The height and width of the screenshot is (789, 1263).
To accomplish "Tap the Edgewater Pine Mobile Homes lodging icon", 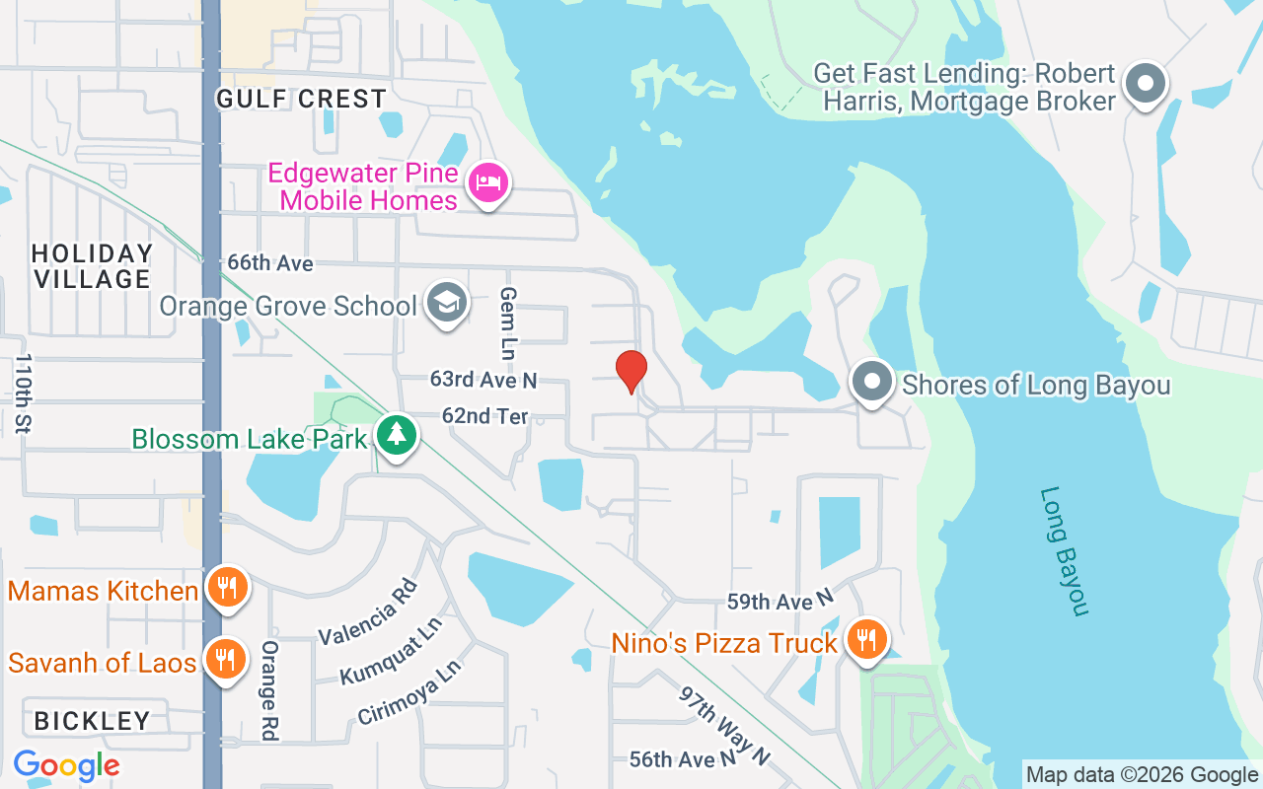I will [487, 182].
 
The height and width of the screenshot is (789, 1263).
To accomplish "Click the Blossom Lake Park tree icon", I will [397, 435].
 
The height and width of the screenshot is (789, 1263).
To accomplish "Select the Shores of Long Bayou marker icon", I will [871, 383].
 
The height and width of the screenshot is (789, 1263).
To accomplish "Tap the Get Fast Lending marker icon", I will [1145, 85].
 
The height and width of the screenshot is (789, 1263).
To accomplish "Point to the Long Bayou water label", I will [1064, 551].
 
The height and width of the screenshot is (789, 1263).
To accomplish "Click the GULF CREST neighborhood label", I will [301, 99].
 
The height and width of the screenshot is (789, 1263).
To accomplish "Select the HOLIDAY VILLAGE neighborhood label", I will [92, 266].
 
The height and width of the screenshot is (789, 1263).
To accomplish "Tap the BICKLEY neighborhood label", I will [92, 721].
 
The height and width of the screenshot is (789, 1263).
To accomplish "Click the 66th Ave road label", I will [269, 263].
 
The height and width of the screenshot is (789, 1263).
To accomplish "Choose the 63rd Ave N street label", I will [483, 379].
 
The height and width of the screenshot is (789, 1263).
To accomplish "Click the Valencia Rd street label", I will [368, 612].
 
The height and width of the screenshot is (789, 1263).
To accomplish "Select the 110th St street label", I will [25, 393].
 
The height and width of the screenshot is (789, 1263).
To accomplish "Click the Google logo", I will [66, 765].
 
